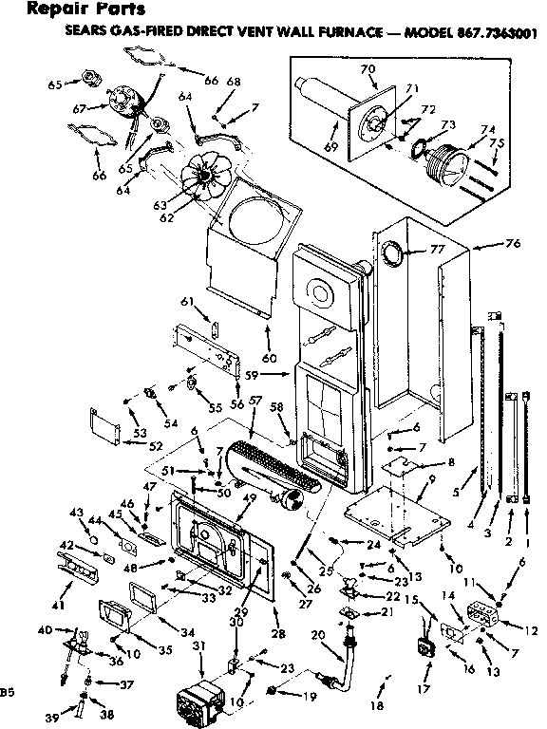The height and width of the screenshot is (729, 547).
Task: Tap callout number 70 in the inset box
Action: [x=369, y=68]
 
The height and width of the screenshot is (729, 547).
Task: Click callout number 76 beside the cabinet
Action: [x=512, y=244]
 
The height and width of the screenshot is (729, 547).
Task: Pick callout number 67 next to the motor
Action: [x=80, y=109]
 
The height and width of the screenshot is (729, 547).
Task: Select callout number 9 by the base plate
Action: [x=433, y=480]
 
